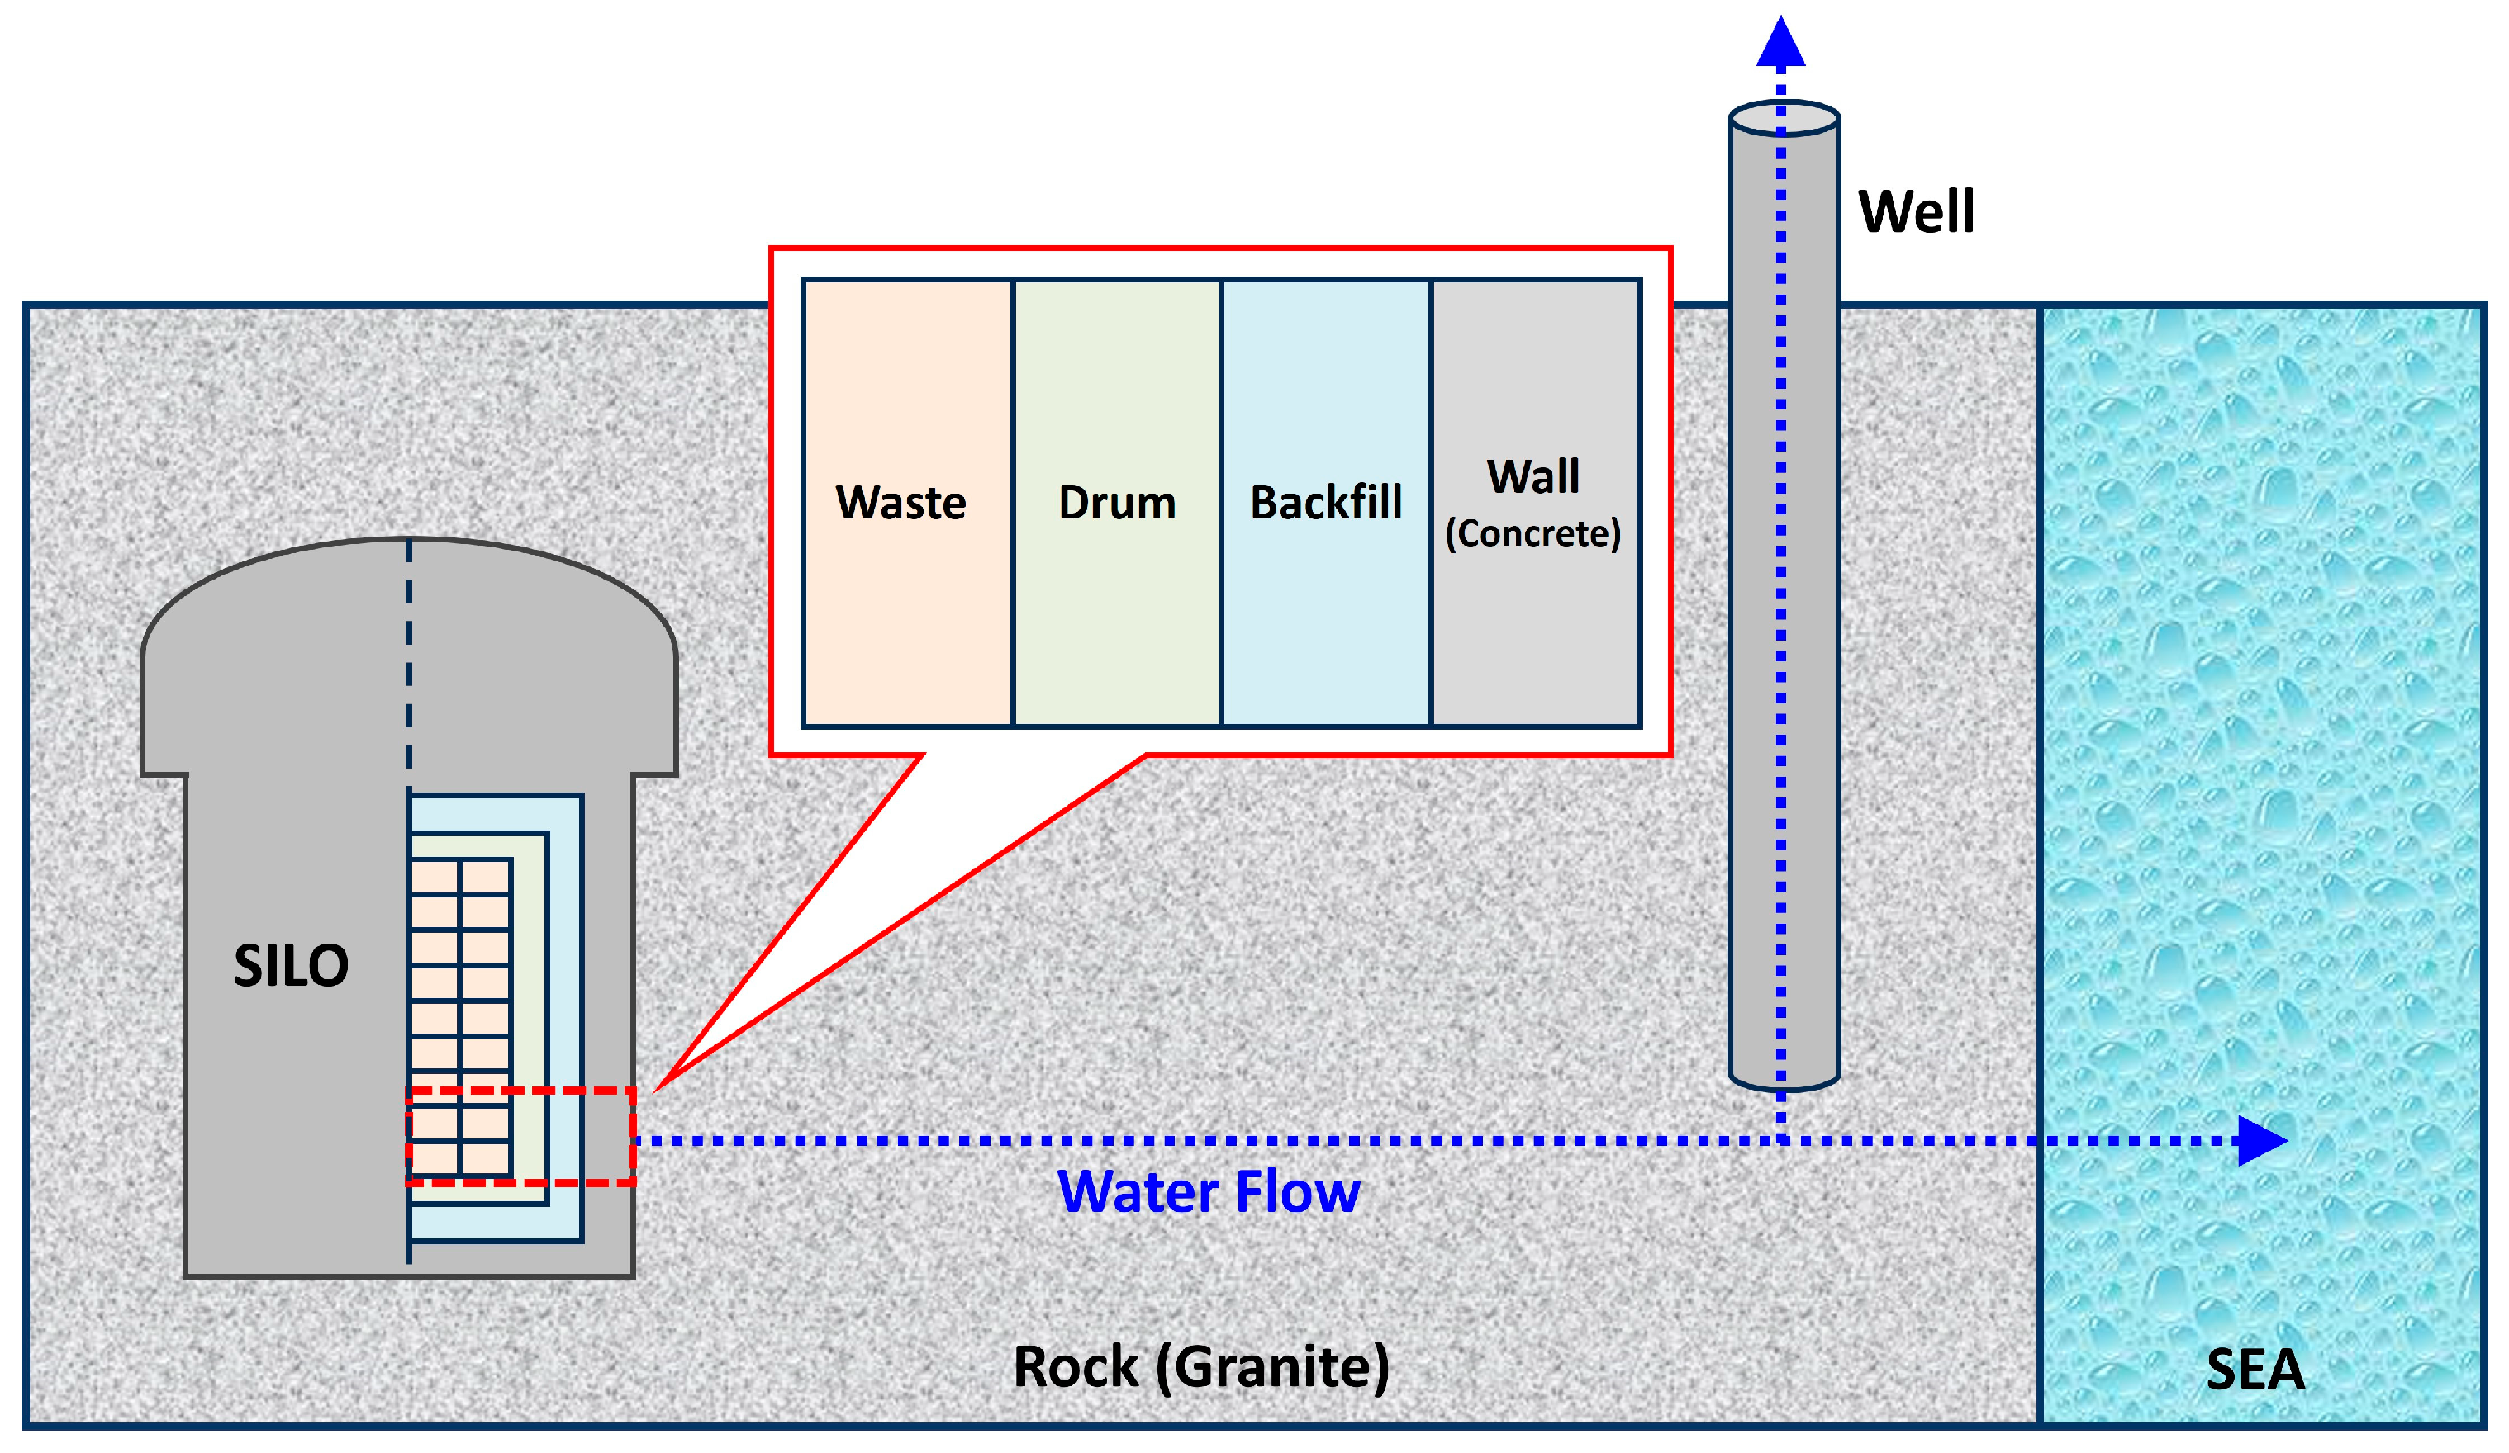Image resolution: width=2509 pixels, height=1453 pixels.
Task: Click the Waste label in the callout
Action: pos(901,503)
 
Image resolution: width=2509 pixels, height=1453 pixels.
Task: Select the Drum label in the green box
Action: pos(1117,503)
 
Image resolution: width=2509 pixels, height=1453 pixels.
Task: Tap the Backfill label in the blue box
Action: pos(1325,503)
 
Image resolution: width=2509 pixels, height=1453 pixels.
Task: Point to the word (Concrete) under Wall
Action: pos(1532,533)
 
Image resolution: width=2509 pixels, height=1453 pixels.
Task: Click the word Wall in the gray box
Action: pos(1533,476)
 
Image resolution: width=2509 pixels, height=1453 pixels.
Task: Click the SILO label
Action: pos(291,965)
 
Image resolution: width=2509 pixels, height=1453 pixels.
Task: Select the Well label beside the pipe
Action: pos(1916,211)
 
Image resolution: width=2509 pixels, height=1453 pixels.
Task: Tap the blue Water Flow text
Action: pos(1208,1191)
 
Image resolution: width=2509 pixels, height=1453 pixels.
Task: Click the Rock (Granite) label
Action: pos(1200,1366)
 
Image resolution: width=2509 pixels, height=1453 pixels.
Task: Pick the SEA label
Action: pos(2255,1370)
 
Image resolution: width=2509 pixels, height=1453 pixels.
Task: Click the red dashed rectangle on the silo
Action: pos(520,1091)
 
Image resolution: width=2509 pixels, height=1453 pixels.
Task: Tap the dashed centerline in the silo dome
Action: pos(409,657)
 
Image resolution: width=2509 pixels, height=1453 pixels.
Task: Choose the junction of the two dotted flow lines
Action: pos(1781,1140)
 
